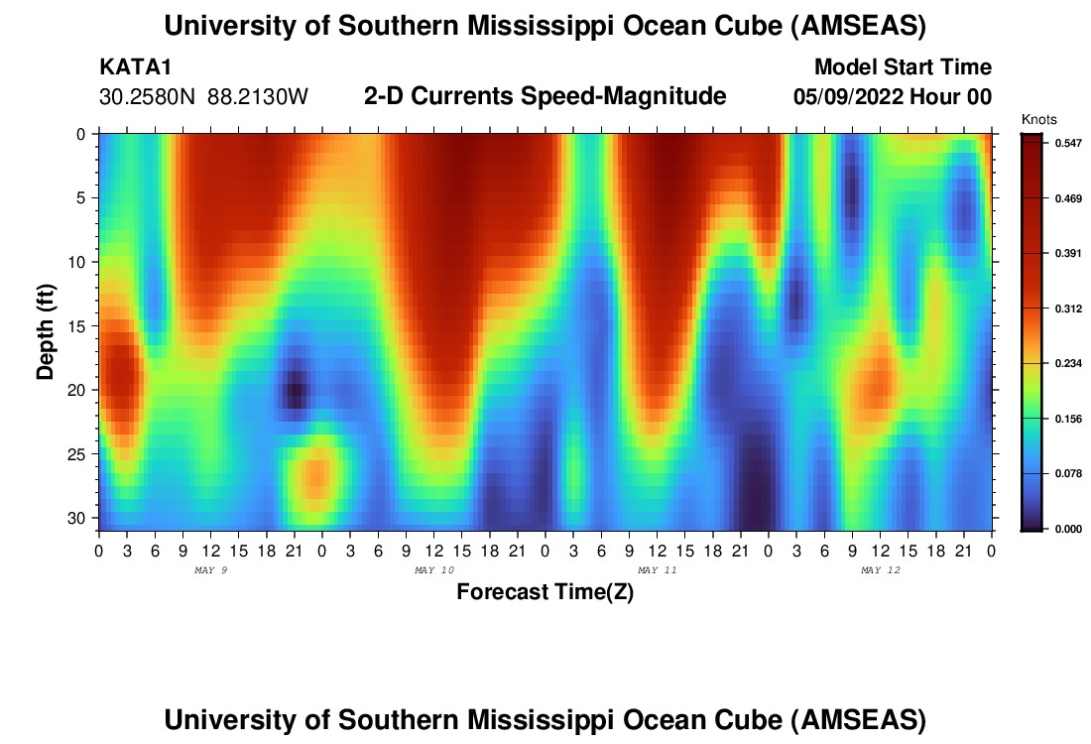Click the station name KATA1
tap(129, 68)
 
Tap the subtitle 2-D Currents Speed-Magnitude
tap(545, 96)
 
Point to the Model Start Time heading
tap(902, 68)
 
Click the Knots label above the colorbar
tap(1038, 120)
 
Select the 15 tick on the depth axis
tap(80, 326)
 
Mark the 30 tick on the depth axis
tap(80, 519)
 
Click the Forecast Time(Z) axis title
tap(545, 592)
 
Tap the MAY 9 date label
tap(210, 570)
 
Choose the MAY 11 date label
tap(657, 570)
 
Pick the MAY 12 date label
tap(880, 570)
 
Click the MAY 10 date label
tap(433, 570)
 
